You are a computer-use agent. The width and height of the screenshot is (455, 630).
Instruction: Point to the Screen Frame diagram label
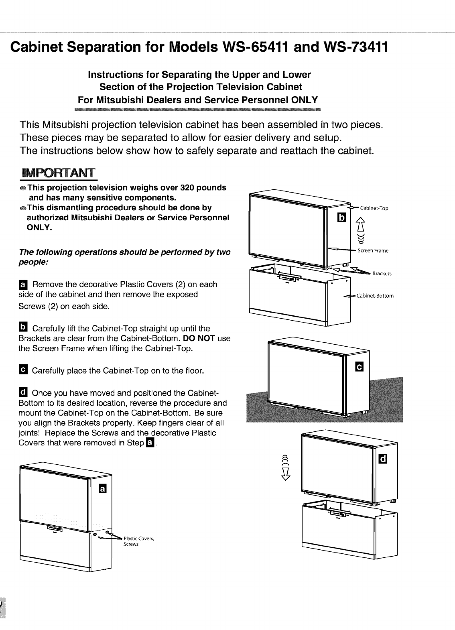373,251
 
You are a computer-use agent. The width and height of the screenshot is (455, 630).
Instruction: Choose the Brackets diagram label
382,274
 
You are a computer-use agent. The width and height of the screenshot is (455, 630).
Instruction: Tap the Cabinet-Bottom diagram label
375,296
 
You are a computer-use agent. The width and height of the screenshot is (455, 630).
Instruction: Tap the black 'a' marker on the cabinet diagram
103,489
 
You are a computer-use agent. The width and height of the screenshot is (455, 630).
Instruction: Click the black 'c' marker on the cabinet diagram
360,366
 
